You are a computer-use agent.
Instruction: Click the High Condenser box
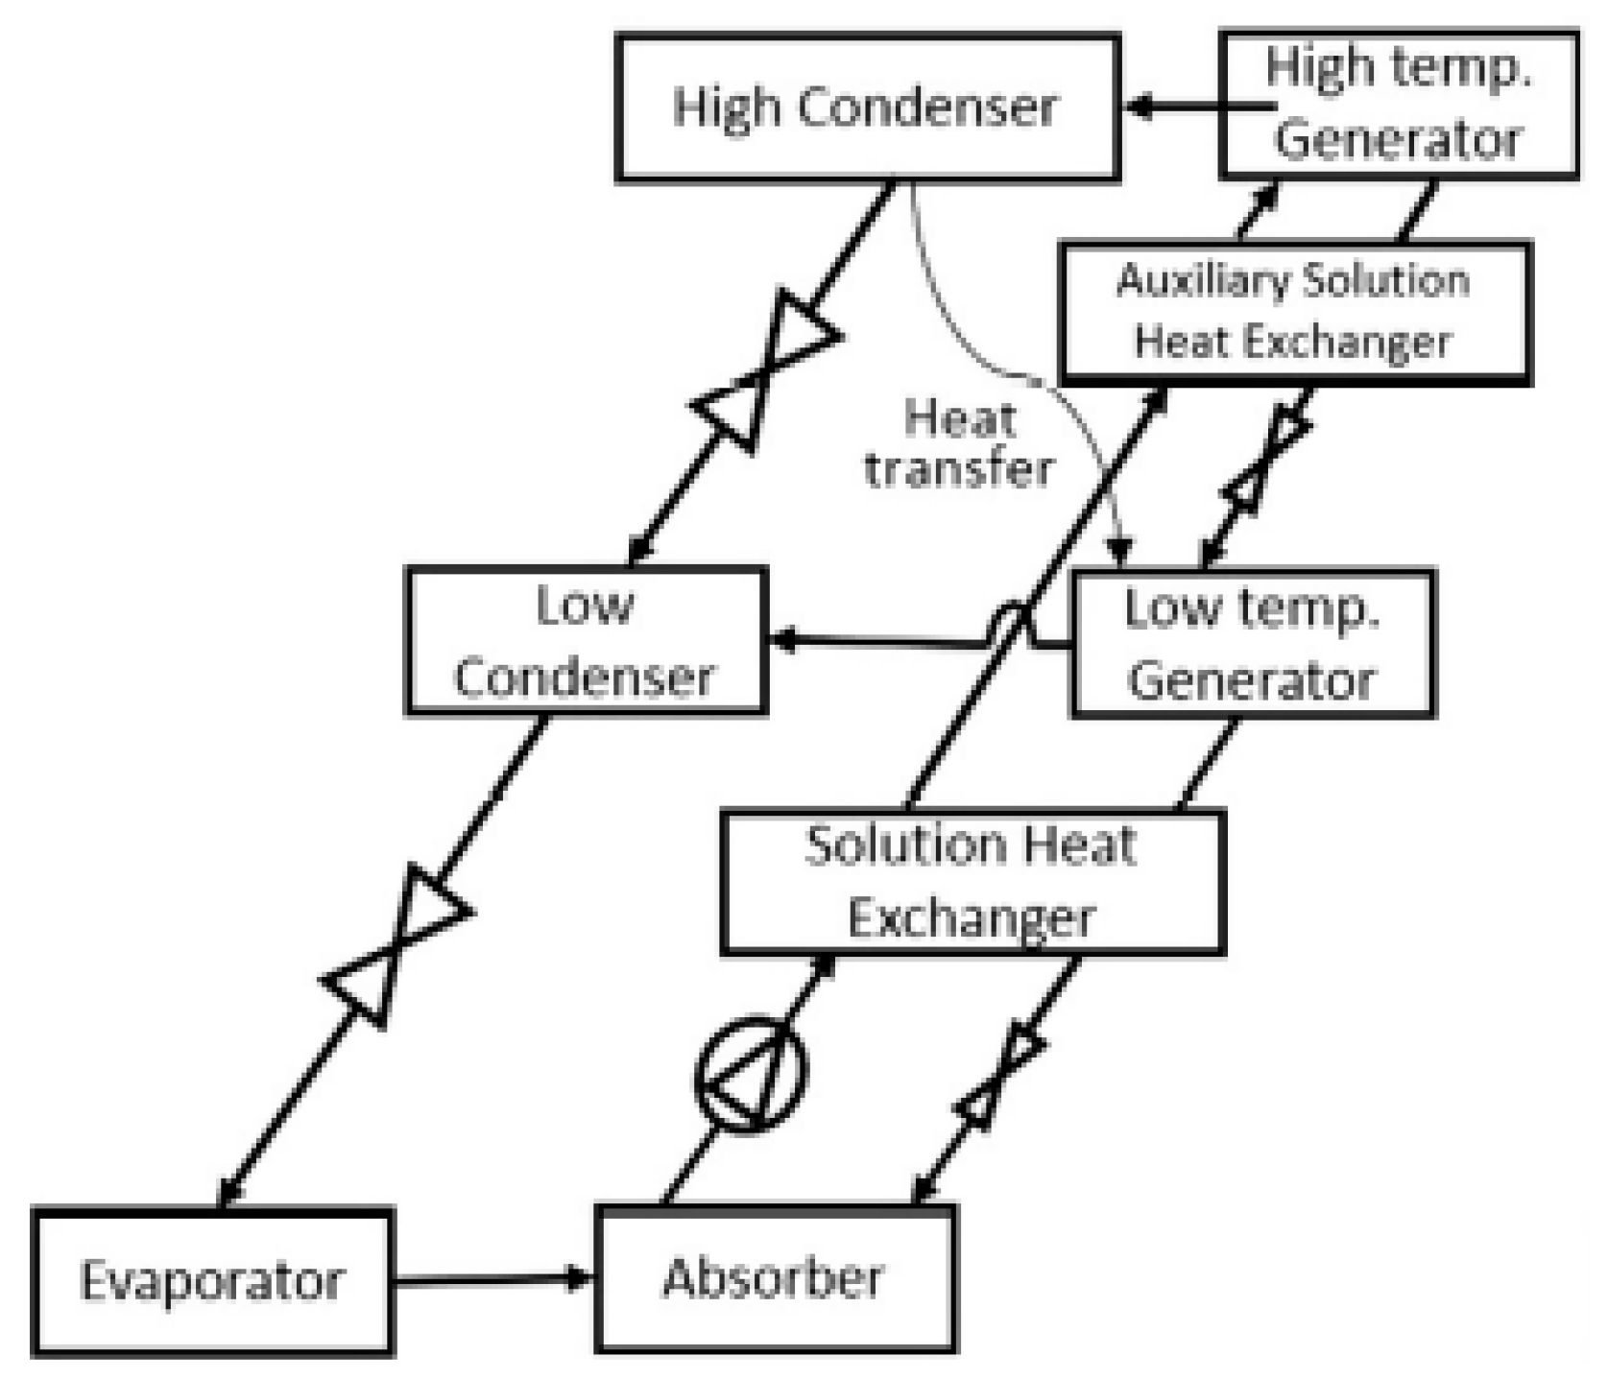pos(867,107)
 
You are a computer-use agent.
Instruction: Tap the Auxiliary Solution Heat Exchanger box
pos(1294,313)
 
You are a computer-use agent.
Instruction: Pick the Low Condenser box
pos(586,641)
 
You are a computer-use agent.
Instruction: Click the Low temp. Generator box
pos(1252,644)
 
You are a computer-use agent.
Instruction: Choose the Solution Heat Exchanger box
pos(972,882)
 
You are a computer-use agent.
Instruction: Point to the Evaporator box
pos(212,1280)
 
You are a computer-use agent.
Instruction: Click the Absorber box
pos(775,1277)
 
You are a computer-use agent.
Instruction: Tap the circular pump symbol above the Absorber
pos(751,1074)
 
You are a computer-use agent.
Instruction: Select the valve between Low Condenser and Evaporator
pos(396,945)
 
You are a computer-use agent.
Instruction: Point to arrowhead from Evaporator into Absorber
pos(580,1278)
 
